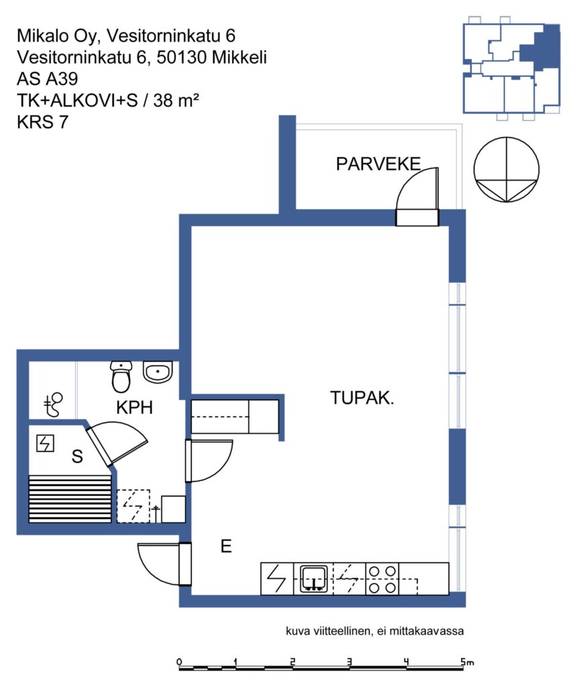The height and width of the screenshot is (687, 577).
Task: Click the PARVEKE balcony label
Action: (378, 164)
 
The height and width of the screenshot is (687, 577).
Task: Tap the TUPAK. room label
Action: (362, 398)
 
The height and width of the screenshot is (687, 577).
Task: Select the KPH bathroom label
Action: (134, 407)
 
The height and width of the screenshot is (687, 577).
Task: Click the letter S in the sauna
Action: (77, 456)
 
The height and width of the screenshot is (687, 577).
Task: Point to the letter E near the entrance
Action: (226, 546)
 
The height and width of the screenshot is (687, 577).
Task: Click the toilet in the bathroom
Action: (121, 376)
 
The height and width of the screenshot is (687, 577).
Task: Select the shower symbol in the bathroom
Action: (54, 405)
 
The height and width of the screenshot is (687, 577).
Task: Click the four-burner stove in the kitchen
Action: (382, 579)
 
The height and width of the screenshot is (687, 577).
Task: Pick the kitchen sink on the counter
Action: (314, 579)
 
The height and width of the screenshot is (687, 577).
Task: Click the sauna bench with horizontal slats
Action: (70, 499)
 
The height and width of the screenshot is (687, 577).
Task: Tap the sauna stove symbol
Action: (45, 443)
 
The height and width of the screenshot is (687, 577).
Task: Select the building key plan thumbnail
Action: (511, 68)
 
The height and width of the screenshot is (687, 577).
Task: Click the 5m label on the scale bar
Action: (468, 662)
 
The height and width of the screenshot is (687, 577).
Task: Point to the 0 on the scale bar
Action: (179, 662)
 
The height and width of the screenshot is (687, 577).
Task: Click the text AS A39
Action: (48, 79)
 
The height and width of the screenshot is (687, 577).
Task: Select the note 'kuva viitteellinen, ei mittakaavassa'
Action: (374, 631)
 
